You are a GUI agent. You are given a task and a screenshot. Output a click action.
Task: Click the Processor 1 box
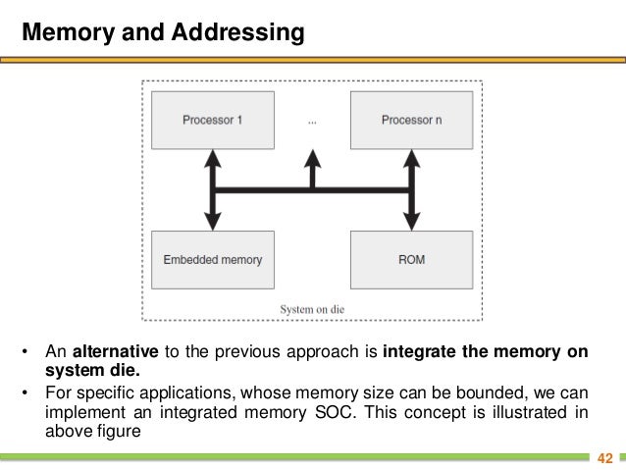tap(213, 120)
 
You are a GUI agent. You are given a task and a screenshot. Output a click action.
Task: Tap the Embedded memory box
tap(213, 259)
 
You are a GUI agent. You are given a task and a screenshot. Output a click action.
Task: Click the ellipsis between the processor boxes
tap(312, 122)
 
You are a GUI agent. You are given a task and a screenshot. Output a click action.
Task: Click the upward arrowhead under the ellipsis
tap(312, 157)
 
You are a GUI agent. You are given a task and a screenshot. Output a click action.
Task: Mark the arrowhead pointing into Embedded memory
tap(213, 224)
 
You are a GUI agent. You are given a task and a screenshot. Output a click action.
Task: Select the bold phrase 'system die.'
tap(92, 371)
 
